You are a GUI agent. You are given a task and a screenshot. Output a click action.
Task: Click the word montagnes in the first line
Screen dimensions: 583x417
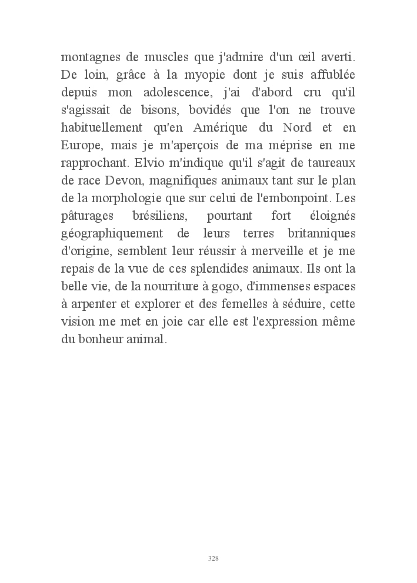coord(89,59)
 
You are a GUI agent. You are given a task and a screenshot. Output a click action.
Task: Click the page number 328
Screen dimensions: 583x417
coord(214,558)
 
